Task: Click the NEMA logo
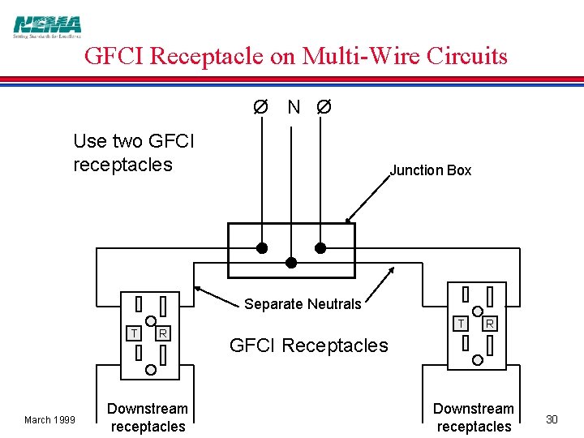47,27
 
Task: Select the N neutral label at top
294,107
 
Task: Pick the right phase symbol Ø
323,107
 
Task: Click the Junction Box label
430,170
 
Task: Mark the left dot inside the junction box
262,247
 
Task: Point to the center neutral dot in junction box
291,262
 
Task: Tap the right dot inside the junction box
320,247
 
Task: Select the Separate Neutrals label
303,304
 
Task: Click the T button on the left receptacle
134,333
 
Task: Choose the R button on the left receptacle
163,333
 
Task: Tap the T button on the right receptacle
461,323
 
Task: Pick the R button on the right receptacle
490,323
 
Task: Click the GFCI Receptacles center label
309,346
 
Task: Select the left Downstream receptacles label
148,418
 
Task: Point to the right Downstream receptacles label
474,418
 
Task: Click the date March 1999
49,419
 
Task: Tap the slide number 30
552,419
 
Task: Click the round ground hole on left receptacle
151,368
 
